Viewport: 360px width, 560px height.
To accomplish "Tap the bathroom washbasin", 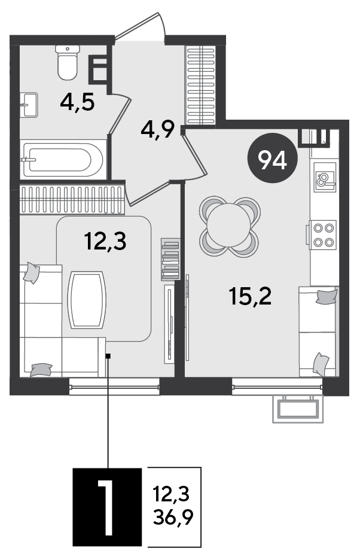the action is pyautogui.click(x=28, y=105).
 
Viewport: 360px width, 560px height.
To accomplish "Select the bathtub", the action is pyautogui.click(x=63, y=160).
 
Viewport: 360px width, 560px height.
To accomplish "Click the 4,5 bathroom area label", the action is pyautogui.click(x=77, y=103).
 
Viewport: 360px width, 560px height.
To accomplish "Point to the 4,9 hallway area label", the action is pyautogui.click(x=157, y=130).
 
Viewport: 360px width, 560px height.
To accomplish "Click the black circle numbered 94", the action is pyautogui.click(x=273, y=158).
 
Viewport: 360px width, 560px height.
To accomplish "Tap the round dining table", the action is pyautogui.click(x=229, y=226).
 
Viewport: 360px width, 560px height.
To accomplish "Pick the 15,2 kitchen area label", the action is pyautogui.click(x=251, y=296).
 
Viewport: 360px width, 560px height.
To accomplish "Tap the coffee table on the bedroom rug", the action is pyautogui.click(x=87, y=300).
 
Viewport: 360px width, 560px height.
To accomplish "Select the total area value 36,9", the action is pyautogui.click(x=173, y=517).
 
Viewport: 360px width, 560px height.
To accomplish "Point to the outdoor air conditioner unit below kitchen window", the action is pyautogui.click(x=298, y=409).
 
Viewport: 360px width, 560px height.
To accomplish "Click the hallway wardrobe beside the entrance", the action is pyautogui.click(x=201, y=86).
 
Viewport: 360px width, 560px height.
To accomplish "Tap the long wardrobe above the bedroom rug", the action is pyautogui.click(x=72, y=199).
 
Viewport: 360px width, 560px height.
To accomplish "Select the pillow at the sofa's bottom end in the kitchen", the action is pyautogui.click(x=321, y=364).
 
